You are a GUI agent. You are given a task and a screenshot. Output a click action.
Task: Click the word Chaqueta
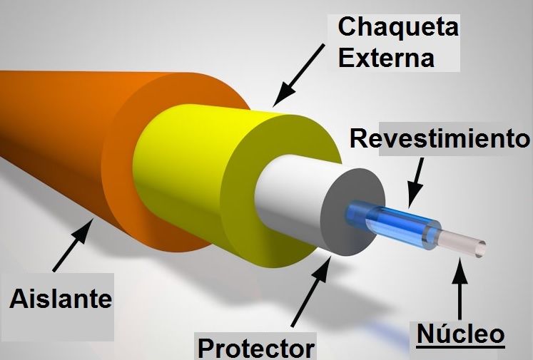click(398, 27)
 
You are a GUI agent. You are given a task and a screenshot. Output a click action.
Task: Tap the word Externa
click(386, 58)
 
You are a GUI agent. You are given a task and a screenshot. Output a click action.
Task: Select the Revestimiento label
click(440, 138)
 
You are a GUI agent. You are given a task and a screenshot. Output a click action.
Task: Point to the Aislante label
click(61, 299)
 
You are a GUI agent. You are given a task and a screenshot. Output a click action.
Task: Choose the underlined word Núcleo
click(461, 334)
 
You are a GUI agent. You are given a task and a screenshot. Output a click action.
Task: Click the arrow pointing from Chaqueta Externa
click(298, 75)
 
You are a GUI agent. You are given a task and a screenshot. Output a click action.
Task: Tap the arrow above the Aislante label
click(73, 245)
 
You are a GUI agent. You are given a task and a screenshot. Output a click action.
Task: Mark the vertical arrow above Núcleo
click(460, 289)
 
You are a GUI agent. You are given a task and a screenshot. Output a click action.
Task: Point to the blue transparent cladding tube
click(392, 224)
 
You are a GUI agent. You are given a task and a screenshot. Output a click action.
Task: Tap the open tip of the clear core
click(481, 250)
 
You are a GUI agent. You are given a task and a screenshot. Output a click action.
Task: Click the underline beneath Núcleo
click(461, 346)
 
